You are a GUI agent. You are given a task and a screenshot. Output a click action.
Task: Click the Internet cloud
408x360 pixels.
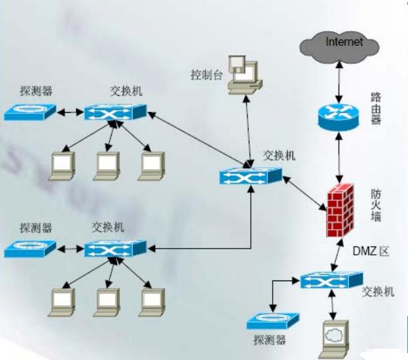pyautogui.click(x=339, y=46)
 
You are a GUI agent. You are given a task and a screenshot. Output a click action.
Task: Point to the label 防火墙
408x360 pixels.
pyautogui.click(x=379, y=204)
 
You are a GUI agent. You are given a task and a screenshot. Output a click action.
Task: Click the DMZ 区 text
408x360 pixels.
pyautogui.click(x=370, y=251)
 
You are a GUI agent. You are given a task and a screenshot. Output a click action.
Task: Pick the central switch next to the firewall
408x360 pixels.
pyautogui.click(x=250, y=176)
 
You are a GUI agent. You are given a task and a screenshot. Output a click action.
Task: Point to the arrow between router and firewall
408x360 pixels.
pyautogui.click(x=338, y=156)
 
